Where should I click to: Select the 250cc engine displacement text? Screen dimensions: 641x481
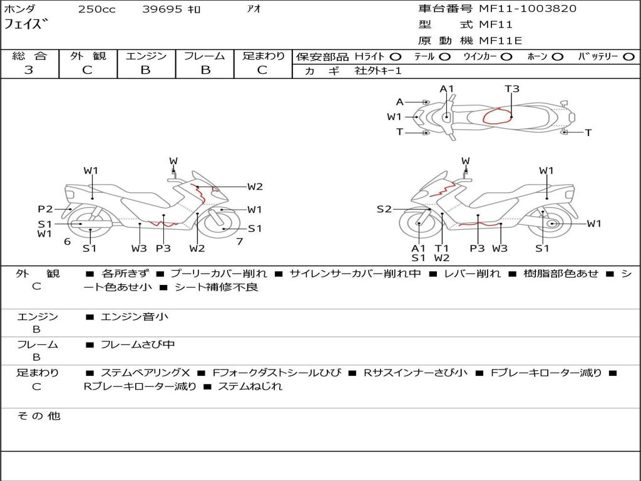pyautogui.click(x=96, y=9)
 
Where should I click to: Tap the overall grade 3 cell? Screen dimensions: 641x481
pyautogui.click(x=29, y=70)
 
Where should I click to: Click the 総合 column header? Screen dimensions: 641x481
pyautogui.click(x=29, y=56)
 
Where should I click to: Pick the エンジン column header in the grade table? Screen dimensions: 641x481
pyautogui.click(x=146, y=56)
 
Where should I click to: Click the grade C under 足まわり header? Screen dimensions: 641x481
pyautogui.click(x=262, y=70)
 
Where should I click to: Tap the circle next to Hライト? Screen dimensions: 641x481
pyautogui.click(x=396, y=57)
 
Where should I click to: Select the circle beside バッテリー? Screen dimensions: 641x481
pyautogui.click(x=628, y=57)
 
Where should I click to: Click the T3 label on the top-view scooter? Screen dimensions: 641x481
pyautogui.click(x=512, y=89)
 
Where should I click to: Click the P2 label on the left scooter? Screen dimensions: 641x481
pyautogui.click(x=45, y=209)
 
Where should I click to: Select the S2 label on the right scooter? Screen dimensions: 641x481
pyautogui.click(x=384, y=209)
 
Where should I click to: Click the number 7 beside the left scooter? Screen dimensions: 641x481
pyautogui.click(x=239, y=241)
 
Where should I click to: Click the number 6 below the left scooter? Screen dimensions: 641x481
pyautogui.click(x=67, y=241)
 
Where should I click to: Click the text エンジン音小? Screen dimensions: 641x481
pyautogui.click(x=134, y=317)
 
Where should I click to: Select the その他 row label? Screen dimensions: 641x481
pyautogui.click(x=38, y=416)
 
